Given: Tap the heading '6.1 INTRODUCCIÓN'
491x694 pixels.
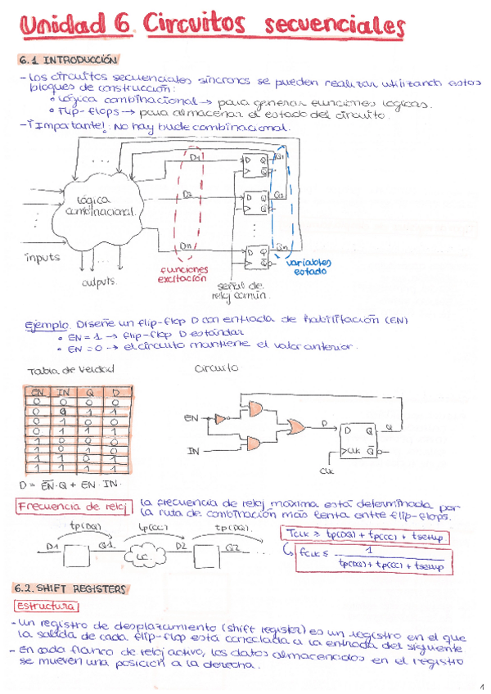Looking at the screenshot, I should [x=68, y=61].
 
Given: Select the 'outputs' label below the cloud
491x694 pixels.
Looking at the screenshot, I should [x=101, y=283].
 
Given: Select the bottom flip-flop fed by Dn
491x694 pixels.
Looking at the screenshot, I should [x=255, y=255].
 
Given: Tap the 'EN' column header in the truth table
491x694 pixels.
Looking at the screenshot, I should [x=37, y=393].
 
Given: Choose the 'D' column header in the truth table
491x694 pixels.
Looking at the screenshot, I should [x=117, y=393].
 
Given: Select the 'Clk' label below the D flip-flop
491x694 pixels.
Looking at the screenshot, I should [x=327, y=471].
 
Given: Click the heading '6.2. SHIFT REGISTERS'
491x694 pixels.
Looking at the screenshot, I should [x=70, y=588].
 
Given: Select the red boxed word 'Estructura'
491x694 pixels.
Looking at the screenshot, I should [x=47, y=606].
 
